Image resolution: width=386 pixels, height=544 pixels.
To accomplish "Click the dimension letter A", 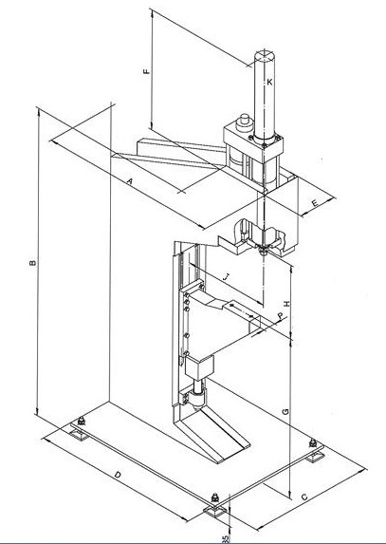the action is coord(130,181).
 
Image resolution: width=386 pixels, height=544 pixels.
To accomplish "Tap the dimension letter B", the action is coord(33,263).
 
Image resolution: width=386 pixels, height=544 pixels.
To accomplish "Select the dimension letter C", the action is coord(304,497).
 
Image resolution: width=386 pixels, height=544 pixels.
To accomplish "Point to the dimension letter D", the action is coord(118,475).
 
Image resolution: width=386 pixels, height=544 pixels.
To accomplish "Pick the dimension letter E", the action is coord(315,203).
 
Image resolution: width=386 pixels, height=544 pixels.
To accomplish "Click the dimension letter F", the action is coord(147,71).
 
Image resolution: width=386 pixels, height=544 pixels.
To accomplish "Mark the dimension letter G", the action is coord(285,412).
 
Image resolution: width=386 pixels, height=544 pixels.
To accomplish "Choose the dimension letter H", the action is coord(287,304).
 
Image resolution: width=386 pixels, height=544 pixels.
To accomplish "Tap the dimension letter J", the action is coord(227,276).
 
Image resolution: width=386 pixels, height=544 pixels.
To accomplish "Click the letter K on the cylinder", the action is coord(269,83).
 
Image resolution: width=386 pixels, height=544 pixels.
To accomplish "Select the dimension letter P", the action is coord(281,316).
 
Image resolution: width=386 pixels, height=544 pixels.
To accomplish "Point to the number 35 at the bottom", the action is coord(226,539).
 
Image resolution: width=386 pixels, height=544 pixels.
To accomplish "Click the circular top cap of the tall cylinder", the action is coord(265,56).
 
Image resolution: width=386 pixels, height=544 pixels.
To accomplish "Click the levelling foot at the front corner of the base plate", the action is coord(216,508).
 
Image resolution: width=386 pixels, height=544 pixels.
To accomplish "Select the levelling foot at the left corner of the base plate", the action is coord(81,429).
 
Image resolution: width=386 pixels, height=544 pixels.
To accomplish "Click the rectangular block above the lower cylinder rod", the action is coord(199,367).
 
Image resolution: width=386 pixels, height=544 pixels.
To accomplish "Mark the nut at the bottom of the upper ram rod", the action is coord(264,251).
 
